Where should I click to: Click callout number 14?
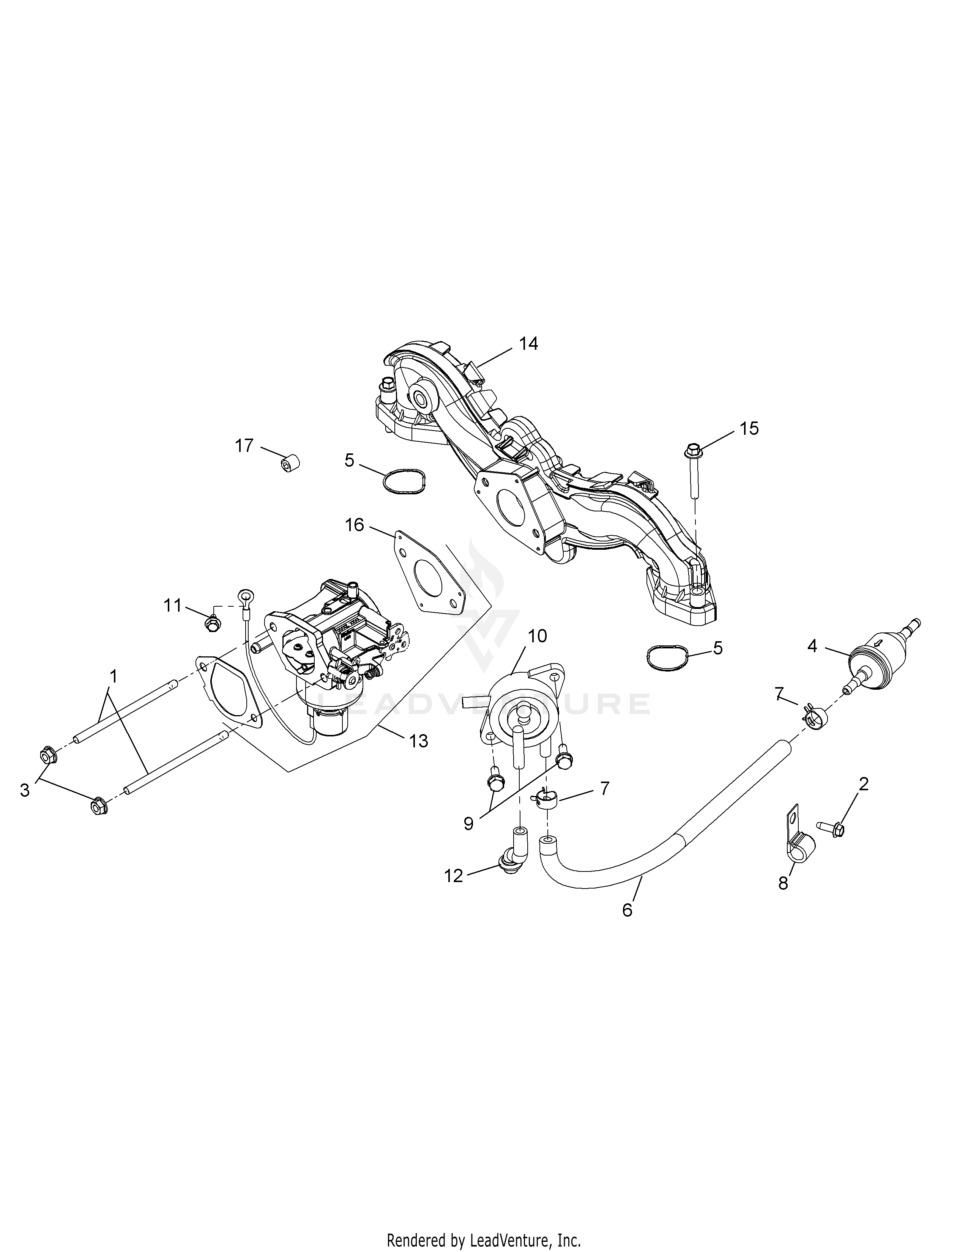528,344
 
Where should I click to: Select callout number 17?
244,445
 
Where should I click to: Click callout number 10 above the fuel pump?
537,636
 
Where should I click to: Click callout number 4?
812,646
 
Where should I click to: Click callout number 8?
784,883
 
